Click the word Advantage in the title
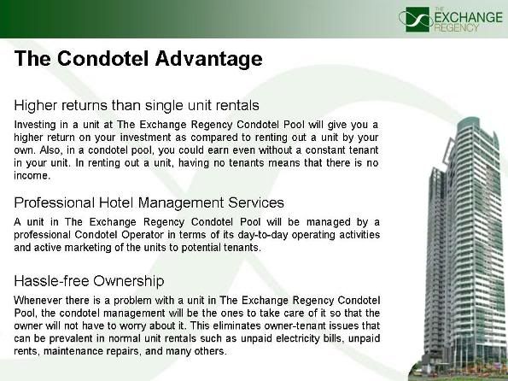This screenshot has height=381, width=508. coord(208,59)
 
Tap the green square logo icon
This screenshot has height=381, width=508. coord(417,20)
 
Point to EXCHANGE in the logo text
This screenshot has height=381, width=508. coord(468,17)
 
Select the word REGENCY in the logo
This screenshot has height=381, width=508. coord(456,27)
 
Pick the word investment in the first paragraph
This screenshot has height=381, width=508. coord(145,138)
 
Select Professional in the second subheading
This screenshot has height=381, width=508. coord(54,202)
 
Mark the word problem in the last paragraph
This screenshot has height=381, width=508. coord(132,300)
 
